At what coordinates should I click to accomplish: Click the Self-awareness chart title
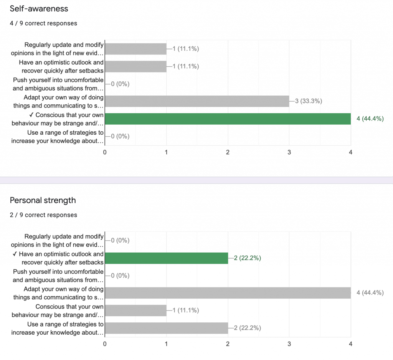(x=39, y=8)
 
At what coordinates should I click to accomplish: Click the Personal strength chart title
(x=43, y=200)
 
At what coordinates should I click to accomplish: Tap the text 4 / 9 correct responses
(x=43, y=23)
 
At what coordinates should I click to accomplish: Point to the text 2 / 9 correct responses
(x=43, y=215)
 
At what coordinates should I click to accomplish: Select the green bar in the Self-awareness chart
(x=228, y=119)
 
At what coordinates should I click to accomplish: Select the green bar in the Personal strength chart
(x=166, y=258)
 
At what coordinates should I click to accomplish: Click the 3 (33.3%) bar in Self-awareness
(x=197, y=101)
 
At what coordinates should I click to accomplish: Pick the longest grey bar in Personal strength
(x=228, y=293)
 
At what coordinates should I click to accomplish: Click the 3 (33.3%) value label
(x=308, y=101)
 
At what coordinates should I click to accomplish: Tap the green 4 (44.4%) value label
(x=370, y=119)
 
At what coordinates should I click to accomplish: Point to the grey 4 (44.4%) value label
(x=370, y=293)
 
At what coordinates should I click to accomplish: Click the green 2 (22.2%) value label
(x=247, y=258)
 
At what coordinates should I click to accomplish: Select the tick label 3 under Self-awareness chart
(x=289, y=152)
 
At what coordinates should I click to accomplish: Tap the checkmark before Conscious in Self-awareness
(x=32, y=115)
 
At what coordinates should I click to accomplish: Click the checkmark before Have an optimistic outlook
(x=15, y=254)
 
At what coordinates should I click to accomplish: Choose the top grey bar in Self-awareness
(x=135, y=49)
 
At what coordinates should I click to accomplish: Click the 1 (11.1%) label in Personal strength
(x=185, y=310)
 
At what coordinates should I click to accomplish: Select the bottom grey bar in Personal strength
(x=166, y=328)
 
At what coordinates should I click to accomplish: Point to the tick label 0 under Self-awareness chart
(x=105, y=152)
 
